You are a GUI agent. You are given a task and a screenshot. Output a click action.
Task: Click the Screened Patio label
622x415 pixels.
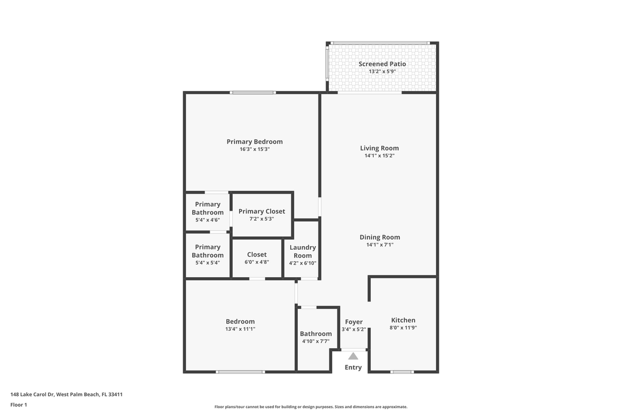pyautogui.click(x=382, y=64)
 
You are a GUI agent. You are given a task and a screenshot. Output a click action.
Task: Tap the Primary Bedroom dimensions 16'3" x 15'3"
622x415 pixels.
pyautogui.click(x=255, y=149)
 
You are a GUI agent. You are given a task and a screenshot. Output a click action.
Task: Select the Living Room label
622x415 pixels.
pyautogui.click(x=379, y=148)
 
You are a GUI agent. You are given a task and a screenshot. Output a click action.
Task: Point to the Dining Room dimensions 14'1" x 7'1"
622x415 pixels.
pyautogui.click(x=380, y=245)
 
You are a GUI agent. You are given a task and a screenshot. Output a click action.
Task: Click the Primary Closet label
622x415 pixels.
pyautogui.click(x=261, y=212)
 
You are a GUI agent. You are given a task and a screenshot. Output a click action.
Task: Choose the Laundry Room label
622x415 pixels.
pyautogui.click(x=302, y=251)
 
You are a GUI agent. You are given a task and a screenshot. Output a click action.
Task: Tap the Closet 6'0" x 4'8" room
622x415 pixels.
pyautogui.click(x=257, y=258)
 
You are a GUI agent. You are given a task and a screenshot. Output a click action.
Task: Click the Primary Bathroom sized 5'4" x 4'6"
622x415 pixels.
pyautogui.click(x=207, y=212)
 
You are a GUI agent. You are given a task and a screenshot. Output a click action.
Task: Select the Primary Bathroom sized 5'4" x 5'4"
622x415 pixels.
pyautogui.click(x=207, y=254)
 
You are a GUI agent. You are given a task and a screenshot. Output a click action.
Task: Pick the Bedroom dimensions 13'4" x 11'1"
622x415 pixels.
pyautogui.click(x=240, y=329)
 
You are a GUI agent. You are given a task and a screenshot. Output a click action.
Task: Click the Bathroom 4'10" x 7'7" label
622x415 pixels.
pyautogui.click(x=316, y=334)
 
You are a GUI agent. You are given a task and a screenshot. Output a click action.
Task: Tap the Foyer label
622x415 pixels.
pyautogui.click(x=354, y=322)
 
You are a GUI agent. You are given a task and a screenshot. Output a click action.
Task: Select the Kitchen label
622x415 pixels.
pyautogui.click(x=403, y=320)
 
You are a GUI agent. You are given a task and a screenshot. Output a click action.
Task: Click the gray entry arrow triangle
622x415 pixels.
pyautogui.click(x=353, y=356)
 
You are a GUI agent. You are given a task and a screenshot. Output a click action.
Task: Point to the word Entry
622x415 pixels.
pyautogui.click(x=353, y=368)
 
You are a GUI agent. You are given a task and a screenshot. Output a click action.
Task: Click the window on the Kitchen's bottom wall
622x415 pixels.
pyautogui.click(x=402, y=372)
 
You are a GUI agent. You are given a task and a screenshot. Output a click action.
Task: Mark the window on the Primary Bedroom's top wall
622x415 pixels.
pyautogui.click(x=253, y=92)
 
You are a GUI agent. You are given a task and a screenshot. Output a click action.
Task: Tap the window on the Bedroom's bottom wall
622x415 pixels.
pyautogui.click(x=240, y=372)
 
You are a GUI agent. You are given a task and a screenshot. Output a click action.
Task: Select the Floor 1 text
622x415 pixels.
pyautogui.click(x=18, y=405)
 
